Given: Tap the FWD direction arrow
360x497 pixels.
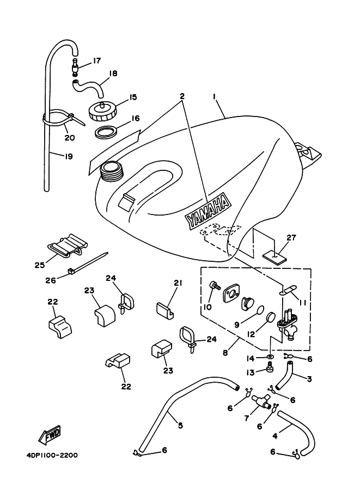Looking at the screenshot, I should pos(50,435).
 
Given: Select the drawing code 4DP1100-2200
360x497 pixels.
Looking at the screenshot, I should pos(50,455).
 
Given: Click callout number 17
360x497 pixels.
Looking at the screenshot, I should pos(97,61).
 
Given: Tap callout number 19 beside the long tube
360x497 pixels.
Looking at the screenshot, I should pos(68,156).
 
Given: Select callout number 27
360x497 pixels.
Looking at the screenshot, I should pos(291,237).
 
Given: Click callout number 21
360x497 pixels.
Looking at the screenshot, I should pos(178,283).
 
